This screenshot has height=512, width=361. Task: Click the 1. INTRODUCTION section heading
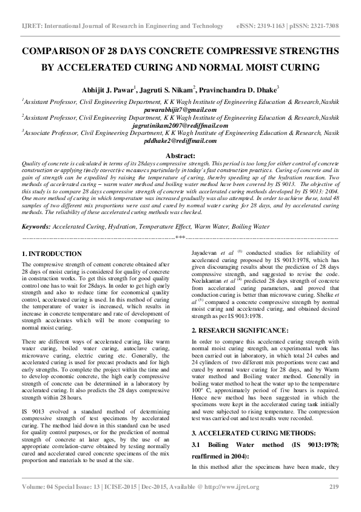click(x=52, y=253)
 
